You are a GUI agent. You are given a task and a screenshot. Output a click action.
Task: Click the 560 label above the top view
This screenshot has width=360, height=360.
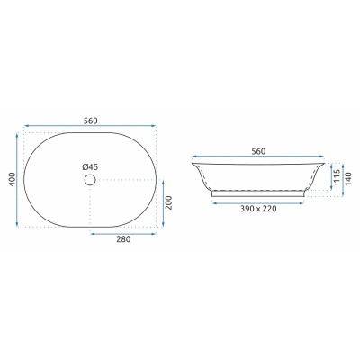(90, 121)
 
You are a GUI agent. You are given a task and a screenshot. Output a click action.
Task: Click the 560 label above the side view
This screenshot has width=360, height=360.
(258, 151)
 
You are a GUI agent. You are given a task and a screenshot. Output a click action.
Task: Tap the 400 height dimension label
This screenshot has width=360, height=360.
(12, 179)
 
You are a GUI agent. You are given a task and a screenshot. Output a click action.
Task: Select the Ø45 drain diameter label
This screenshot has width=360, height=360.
(90, 167)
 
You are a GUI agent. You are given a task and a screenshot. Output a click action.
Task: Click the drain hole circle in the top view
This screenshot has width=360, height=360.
(90, 180)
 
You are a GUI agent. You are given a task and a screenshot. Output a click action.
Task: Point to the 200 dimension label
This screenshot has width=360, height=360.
(169, 202)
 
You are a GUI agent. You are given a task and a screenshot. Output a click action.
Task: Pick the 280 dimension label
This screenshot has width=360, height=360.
(123, 239)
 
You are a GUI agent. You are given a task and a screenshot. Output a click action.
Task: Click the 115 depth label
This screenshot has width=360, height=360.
(337, 176)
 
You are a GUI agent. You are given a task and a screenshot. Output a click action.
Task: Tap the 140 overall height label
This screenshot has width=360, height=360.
(348, 179)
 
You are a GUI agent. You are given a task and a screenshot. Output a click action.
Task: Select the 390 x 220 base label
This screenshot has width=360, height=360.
(258, 209)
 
